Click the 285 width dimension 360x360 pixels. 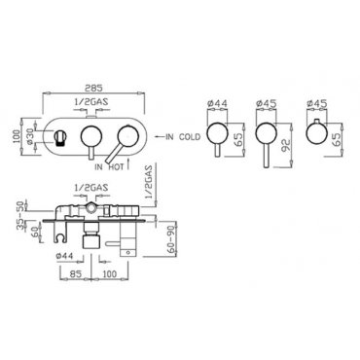click(x=94, y=88)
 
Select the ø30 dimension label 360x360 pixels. click(x=30, y=137)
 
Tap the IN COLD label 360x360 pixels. click(x=183, y=137)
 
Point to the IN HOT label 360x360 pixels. click(x=109, y=167)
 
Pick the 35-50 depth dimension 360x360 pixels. click(x=21, y=216)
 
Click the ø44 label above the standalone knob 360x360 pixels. click(x=217, y=103)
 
